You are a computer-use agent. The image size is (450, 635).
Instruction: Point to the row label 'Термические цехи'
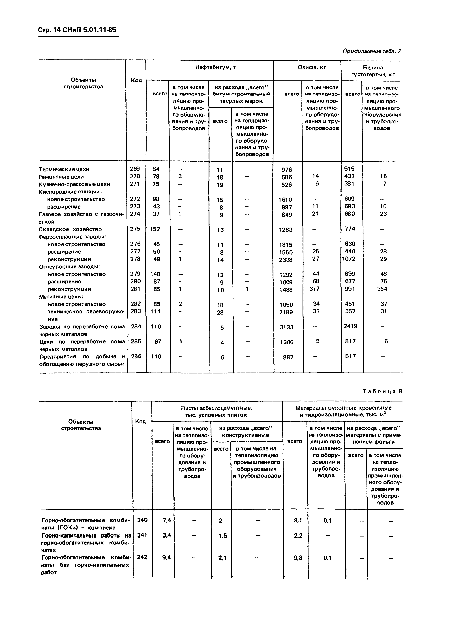coord(64,169)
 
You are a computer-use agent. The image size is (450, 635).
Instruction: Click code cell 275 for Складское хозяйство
coord(135,229)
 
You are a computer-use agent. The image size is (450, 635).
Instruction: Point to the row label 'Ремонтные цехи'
coord(61,177)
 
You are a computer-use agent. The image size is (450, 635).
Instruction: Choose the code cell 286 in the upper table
coord(136,356)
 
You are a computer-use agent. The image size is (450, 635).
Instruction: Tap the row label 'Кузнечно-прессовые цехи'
coord(74,184)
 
